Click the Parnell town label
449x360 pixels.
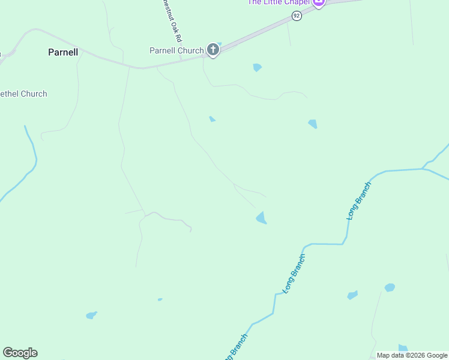pyautogui.click(x=63, y=52)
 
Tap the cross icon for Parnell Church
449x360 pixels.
pyautogui.click(x=213, y=50)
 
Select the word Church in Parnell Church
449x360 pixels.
pyautogui.click(x=191, y=50)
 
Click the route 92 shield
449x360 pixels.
pyautogui.click(x=297, y=17)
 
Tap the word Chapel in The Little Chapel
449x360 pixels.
pyautogui.click(x=295, y=2)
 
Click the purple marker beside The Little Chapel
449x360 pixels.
pyautogui.click(x=319, y=2)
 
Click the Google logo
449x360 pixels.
pyautogui.click(x=20, y=353)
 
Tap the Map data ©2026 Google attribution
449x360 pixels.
pyautogui.click(x=412, y=355)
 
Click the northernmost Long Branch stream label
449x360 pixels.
pyautogui.click(x=359, y=200)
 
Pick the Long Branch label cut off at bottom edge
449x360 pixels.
pyautogui.click(x=234, y=347)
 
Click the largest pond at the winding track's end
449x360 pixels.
pyautogui.click(x=261, y=218)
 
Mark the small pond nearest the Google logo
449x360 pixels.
pyautogui.click(x=91, y=315)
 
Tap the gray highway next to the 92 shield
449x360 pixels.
pyautogui.click(x=270, y=30)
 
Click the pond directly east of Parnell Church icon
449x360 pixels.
pyautogui.click(x=258, y=67)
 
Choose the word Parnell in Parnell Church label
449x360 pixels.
pyautogui.click(x=163, y=50)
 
